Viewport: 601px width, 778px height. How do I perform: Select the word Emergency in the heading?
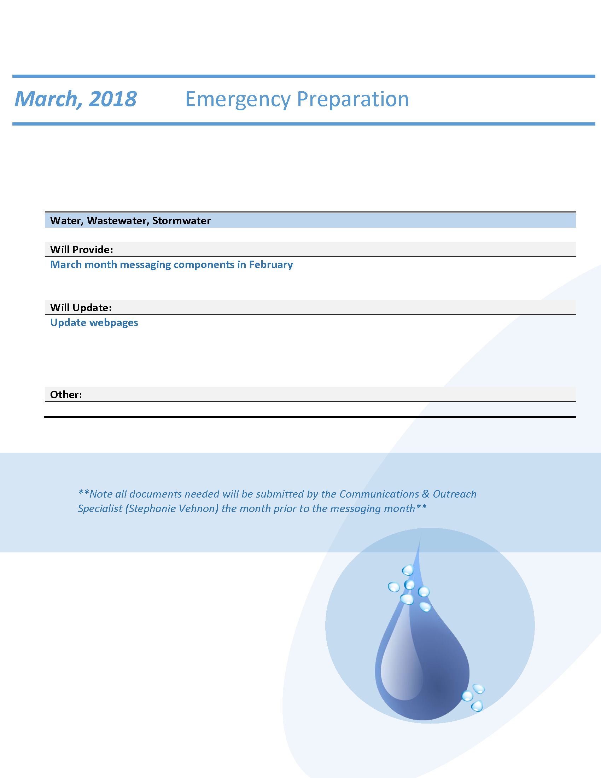pos(238,99)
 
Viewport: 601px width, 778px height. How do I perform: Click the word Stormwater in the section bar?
pos(181,221)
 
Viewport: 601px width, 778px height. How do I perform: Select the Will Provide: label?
pos(82,250)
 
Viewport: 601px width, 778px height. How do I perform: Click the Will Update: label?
pos(81,308)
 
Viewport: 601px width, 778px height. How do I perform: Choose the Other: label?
pos(66,395)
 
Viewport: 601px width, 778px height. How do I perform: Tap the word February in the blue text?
pos(271,265)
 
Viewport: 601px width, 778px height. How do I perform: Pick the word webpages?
pos(113,323)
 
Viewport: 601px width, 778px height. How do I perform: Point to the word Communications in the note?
pos(379,494)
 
